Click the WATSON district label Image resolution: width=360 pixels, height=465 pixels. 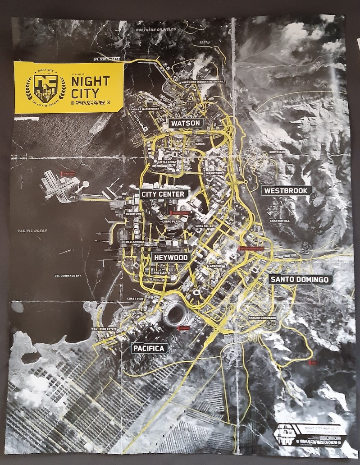pyautogui.click(x=185, y=123)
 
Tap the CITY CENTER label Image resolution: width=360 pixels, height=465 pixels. pyautogui.click(x=163, y=194)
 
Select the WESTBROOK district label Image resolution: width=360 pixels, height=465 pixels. pyautogui.click(x=286, y=190)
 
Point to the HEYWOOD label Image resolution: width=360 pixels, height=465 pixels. pyautogui.click(x=171, y=257)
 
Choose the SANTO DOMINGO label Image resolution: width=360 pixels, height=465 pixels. pyautogui.click(x=299, y=280)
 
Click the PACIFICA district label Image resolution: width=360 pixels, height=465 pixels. pyautogui.click(x=149, y=348)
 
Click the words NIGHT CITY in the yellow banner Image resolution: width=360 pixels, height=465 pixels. pyautogui.click(x=91, y=87)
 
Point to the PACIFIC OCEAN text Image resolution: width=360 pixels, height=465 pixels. pyautogui.click(x=32, y=231)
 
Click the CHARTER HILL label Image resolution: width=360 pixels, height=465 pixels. pyautogui.click(x=279, y=221)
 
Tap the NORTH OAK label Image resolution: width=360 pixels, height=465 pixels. pyautogui.click(x=277, y=152)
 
